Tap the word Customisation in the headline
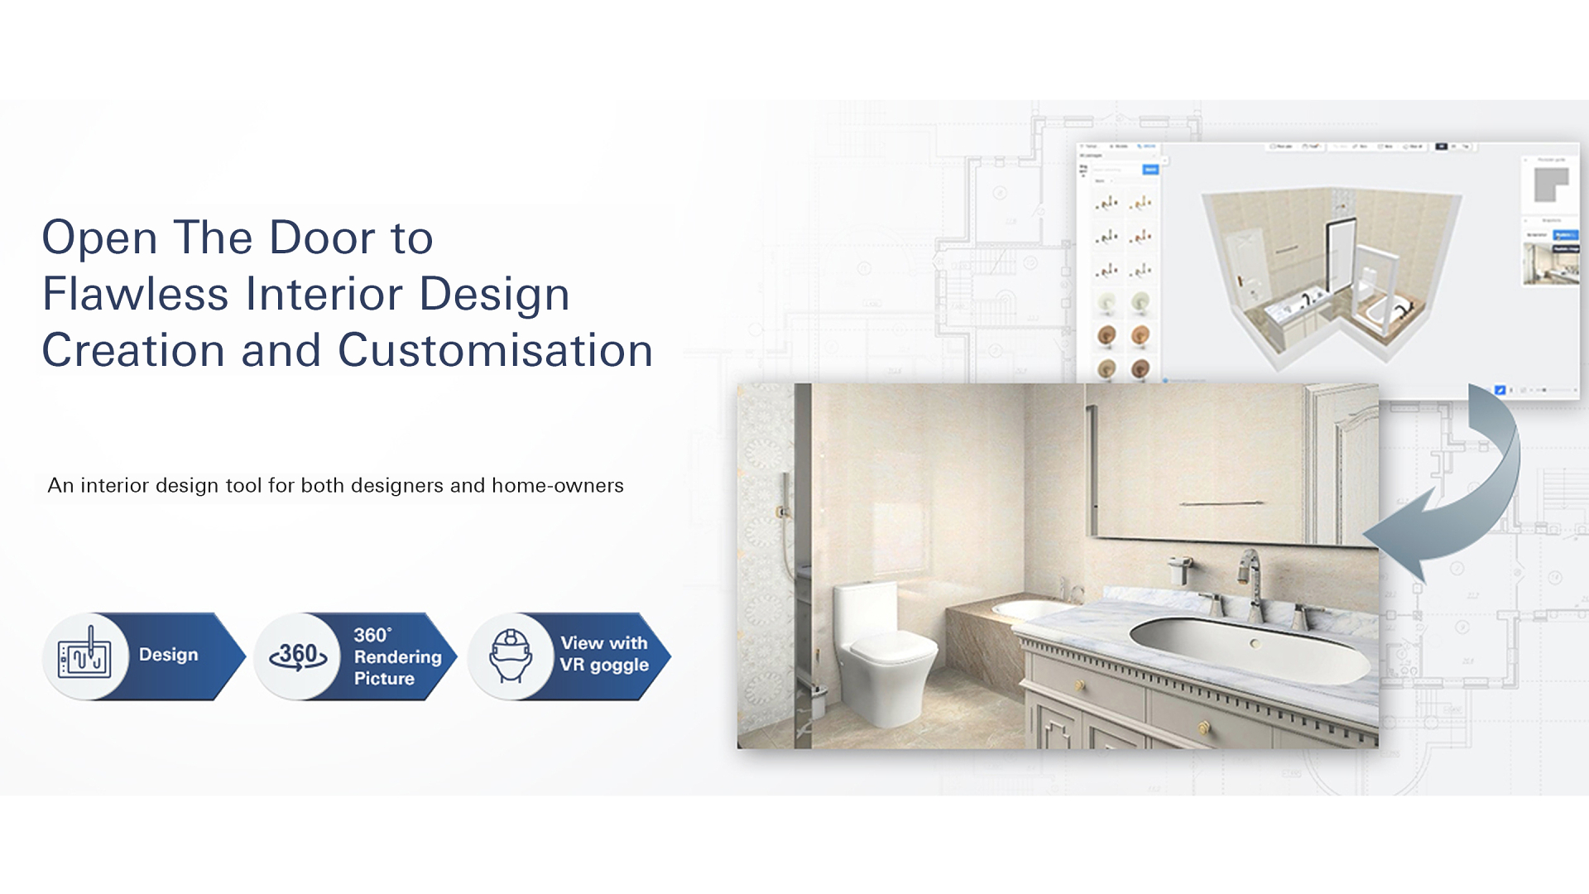tap(495, 350)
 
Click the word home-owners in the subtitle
tap(557, 486)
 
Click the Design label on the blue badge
tap(169, 655)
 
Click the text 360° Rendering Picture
tap(396, 656)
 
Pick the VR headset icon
tap(510, 656)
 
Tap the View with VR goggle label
tap(604, 654)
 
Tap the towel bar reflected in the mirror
tap(1222, 503)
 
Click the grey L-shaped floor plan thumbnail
tap(1551, 185)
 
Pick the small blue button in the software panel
tap(1150, 170)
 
